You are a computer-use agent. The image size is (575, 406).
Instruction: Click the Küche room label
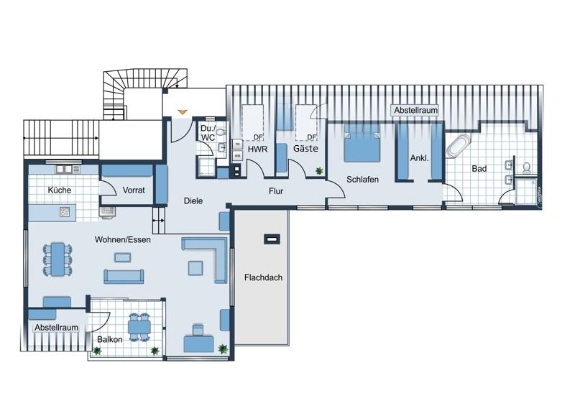click(x=59, y=190)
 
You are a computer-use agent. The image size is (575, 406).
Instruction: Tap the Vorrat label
click(x=134, y=190)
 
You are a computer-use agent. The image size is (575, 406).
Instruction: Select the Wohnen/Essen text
click(x=121, y=239)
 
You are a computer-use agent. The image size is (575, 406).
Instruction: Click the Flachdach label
click(x=262, y=277)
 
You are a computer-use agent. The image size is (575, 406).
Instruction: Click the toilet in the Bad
click(x=527, y=167)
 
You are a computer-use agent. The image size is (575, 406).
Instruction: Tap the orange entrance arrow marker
click(x=183, y=111)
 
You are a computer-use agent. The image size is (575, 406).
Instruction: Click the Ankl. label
click(x=419, y=158)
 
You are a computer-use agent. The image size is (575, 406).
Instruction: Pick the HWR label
click(x=257, y=149)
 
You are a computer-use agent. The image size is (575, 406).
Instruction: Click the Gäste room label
click(x=305, y=149)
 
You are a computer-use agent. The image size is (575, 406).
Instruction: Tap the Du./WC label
click(x=208, y=132)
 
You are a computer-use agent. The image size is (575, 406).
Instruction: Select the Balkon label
click(x=109, y=339)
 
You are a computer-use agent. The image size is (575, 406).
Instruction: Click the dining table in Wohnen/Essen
click(x=57, y=259)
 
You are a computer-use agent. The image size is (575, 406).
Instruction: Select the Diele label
click(x=193, y=201)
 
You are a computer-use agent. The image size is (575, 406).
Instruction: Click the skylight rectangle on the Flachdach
click(x=270, y=239)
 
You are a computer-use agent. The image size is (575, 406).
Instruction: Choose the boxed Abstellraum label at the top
click(x=415, y=111)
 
